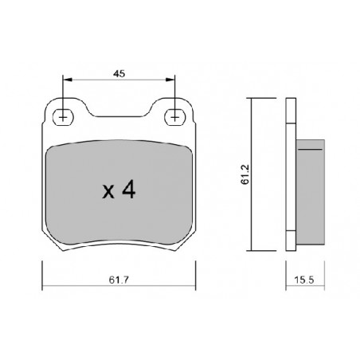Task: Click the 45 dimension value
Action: click(119, 74)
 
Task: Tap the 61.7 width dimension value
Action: click(119, 280)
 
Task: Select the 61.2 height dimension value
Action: click(245, 174)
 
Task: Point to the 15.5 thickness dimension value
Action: click(304, 280)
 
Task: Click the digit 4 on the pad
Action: click(129, 190)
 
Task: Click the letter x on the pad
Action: click(108, 192)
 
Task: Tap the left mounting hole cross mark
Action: click(63, 117)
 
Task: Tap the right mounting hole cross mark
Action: click(174, 117)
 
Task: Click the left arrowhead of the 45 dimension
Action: click(68, 80)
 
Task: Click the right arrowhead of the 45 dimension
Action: click(170, 80)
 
